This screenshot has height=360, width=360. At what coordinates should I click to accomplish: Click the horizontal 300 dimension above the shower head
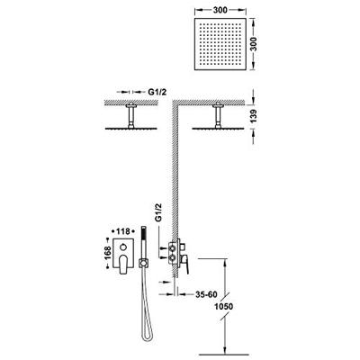click(x=220, y=10)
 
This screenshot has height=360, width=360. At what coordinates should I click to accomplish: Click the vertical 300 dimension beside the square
click(x=255, y=44)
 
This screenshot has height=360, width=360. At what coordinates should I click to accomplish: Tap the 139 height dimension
click(x=254, y=116)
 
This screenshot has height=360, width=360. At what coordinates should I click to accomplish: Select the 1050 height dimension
click(x=224, y=307)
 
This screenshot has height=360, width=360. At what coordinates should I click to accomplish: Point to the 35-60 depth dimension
click(x=206, y=294)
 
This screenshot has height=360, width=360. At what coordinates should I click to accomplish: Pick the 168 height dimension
click(x=108, y=253)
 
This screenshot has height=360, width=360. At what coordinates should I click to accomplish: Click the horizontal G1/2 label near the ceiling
click(x=157, y=92)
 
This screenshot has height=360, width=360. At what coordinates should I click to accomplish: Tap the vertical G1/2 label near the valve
click(x=158, y=212)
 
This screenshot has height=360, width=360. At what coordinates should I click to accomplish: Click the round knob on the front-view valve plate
click(x=122, y=247)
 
